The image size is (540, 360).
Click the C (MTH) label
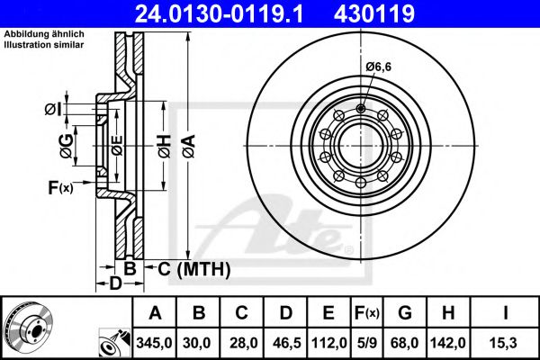[194, 268]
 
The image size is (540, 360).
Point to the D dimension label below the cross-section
[114, 285]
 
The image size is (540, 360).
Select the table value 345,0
[155, 342]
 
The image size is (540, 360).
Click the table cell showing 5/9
[367, 342]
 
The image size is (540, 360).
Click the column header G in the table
[405, 314]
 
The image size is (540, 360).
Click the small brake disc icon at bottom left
[28, 327]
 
